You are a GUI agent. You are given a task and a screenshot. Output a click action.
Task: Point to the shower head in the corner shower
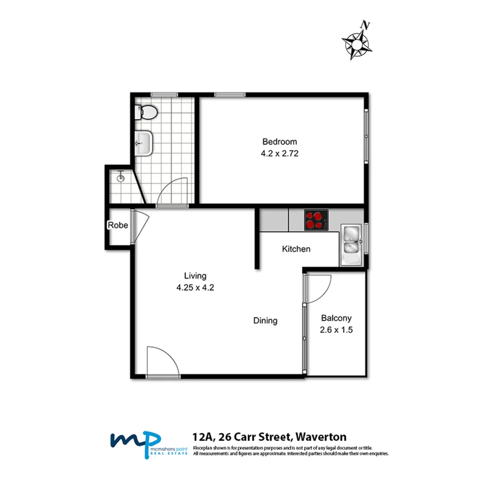121,176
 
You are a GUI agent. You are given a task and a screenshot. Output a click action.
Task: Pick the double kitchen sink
352,245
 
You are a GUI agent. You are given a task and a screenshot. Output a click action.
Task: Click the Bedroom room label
280,141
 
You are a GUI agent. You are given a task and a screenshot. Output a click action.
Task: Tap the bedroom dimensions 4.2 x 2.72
280,154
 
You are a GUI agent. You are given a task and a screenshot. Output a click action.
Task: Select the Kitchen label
296,249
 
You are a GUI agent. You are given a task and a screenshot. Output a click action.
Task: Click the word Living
195,276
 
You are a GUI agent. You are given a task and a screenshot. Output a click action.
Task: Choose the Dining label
265,320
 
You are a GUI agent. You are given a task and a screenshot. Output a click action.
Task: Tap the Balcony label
336,318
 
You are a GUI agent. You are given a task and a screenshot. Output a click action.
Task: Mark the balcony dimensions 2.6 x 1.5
336,330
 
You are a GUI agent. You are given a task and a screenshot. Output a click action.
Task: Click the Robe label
117,225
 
